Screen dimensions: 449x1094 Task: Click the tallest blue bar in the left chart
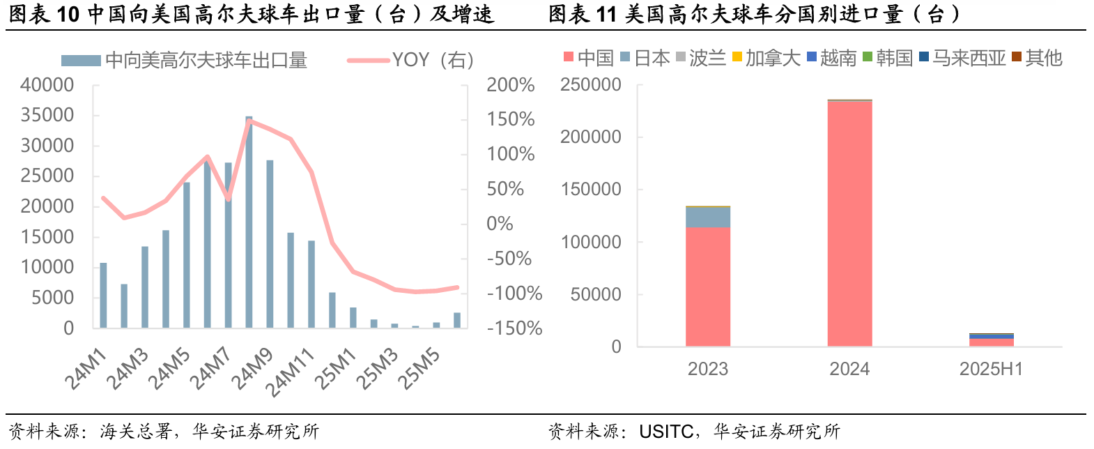click(249, 223)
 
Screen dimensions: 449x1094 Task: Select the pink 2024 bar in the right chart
click(849, 223)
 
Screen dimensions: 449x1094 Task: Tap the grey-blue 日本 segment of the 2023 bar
click(708, 217)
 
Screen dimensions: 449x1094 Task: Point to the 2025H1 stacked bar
click(991, 340)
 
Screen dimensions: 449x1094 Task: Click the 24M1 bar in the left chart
click(103, 296)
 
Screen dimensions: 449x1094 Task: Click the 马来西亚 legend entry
click(962, 58)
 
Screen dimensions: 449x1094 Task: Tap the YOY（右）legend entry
click(410, 61)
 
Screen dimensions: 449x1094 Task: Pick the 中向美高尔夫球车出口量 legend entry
click(185, 61)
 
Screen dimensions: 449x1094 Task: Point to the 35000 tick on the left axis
click(47, 115)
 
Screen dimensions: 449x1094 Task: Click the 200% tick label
click(510, 85)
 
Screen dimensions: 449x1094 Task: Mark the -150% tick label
click(514, 328)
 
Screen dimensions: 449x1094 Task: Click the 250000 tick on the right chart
click(591, 85)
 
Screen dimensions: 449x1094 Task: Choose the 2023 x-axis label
click(708, 369)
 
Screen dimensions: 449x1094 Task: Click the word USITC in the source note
click(665, 432)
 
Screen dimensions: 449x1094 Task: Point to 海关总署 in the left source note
click(136, 432)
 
